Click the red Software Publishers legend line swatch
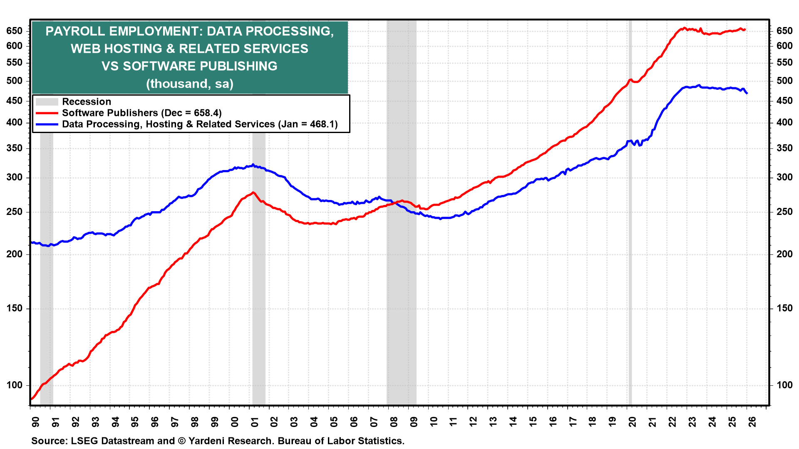[47, 113]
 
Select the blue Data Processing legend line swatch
[47, 124]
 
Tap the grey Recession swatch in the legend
[47, 102]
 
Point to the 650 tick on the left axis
[14, 31]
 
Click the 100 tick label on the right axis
[784, 385]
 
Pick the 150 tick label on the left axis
[14, 308]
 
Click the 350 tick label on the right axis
[784, 148]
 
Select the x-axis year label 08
[393, 422]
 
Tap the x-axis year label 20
[632, 422]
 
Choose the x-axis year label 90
[35, 422]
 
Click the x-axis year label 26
[752, 422]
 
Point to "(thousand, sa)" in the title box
[190, 84]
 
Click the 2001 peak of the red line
[253, 192]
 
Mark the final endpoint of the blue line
[747, 93]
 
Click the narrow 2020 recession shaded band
[630, 249]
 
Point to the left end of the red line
[31, 400]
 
